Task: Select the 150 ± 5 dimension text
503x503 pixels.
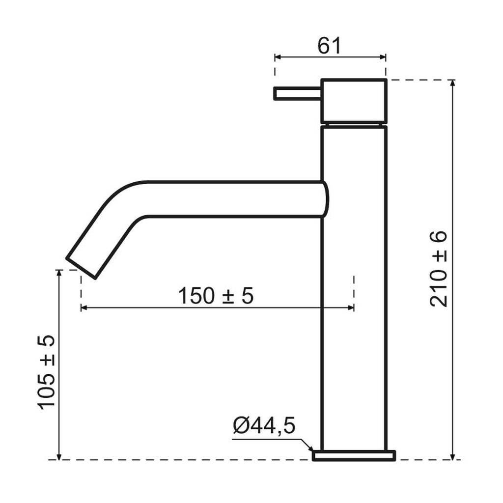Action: pos(216,296)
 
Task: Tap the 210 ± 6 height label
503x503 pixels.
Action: pos(438,269)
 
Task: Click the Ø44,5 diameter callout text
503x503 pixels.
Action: pos(264,426)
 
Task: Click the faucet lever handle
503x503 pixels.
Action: pos(297,93)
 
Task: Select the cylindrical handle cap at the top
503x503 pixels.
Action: pos(354,101)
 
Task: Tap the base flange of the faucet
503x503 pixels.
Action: pos(354,455)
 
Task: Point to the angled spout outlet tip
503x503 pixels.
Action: pos(81,267)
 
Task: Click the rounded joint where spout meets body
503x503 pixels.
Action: pos(325,199)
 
